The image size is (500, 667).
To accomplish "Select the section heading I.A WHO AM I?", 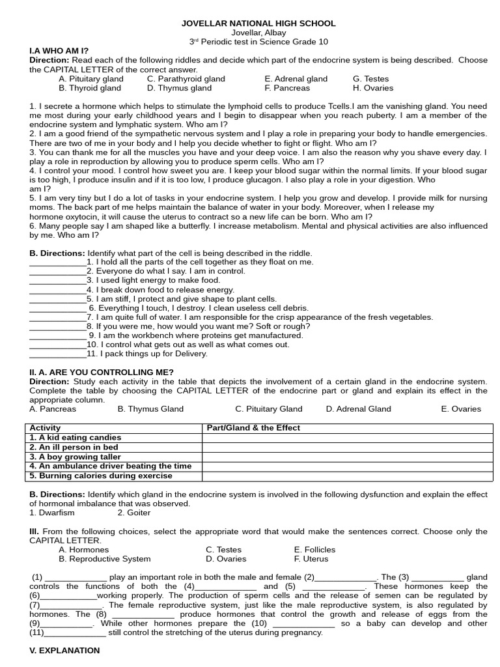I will point(59,51).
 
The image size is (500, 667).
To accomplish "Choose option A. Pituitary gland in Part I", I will point(90,79).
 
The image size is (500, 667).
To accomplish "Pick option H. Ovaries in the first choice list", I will point(373,88).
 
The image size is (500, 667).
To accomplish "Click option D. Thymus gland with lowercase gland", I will point(179,88).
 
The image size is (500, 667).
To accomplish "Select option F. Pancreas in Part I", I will point(287,88).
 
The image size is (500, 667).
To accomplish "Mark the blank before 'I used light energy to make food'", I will point(57,280).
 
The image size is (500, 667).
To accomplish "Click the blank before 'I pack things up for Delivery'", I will point(57,354).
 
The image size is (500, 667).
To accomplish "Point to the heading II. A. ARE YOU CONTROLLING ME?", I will point(102,372).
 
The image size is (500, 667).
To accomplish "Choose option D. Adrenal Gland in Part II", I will point(359,409).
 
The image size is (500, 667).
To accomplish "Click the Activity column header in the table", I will point(46,428).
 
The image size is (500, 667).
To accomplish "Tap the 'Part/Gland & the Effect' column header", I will point(253,428).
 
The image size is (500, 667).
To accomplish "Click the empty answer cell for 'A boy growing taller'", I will point(346,457).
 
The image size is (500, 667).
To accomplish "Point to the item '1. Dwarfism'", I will point(53,513).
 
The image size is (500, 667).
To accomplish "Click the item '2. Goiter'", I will point(134,513).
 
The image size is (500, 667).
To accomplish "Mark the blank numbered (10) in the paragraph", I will point(303,623).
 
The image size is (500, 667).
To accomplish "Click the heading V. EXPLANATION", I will point(65,651).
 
